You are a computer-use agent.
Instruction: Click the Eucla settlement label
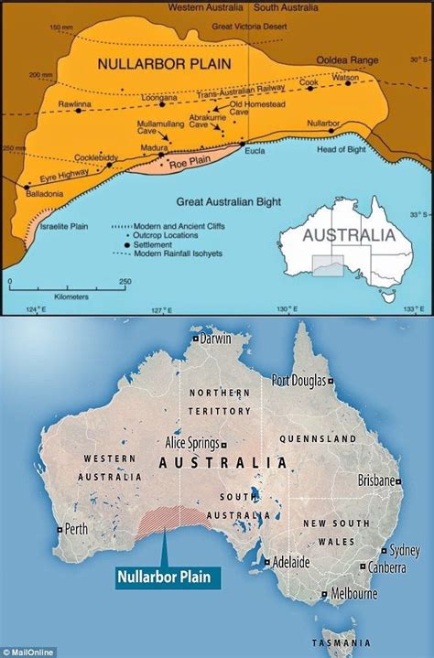point(255,152)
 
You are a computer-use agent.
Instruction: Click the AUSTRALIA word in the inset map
point(349,234)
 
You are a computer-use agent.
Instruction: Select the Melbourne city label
point(354,593)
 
